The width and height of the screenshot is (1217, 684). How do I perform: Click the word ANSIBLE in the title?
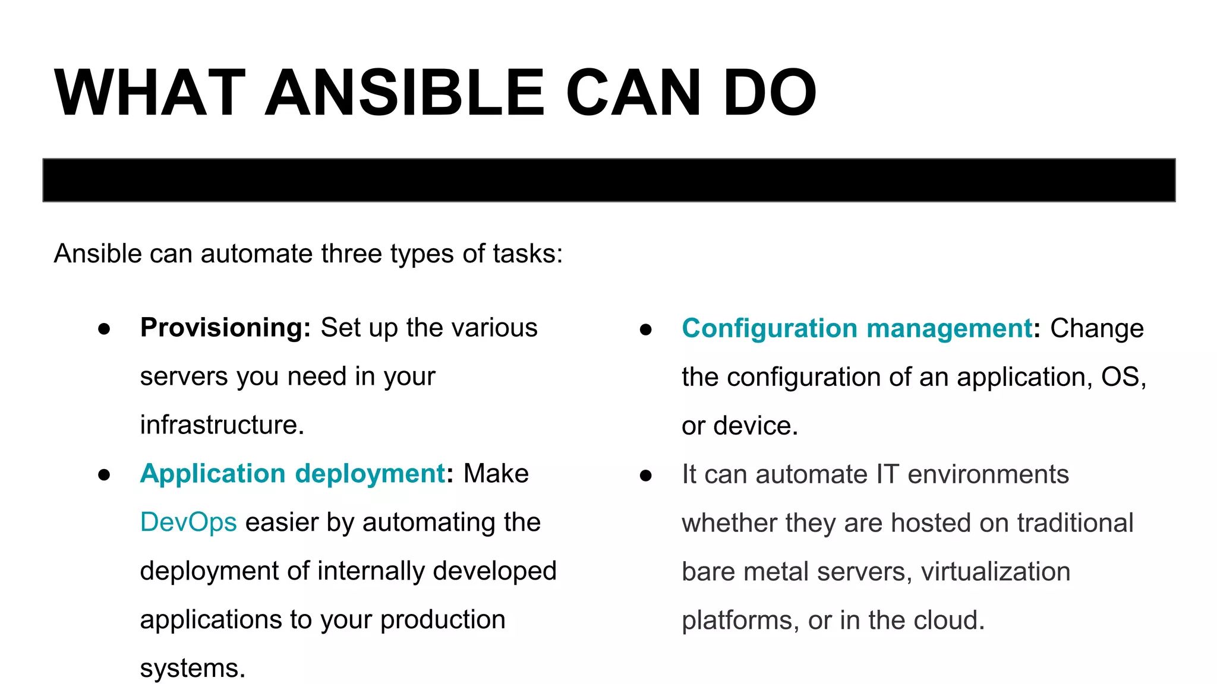(x=404, y=93)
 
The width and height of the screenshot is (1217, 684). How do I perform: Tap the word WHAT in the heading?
(x=149, y=93)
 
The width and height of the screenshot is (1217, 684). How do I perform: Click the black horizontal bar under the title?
(x=608, y=180)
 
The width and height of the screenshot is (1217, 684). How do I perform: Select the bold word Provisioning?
(x=225, y=328)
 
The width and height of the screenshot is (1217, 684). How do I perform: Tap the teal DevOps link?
(x=188, y=522)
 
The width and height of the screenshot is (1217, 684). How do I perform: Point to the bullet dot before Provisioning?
(x=105, y=329)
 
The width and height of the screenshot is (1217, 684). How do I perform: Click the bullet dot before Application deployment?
(x=105, y=475)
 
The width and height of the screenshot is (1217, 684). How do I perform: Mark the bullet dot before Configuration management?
(x=646, y=330)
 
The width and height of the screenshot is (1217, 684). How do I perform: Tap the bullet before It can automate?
(x=646, y=476)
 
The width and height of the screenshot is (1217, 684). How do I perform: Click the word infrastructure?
(x=222, y=425)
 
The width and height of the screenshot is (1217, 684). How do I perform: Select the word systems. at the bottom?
(x=193, y=669)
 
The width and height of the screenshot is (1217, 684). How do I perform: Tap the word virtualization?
(x=995, y=572)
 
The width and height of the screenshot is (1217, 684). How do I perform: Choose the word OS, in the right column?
(x=1123, y=377)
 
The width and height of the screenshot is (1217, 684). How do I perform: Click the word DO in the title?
(x=770, y=93)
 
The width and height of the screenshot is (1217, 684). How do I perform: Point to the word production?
(x=443, y=620)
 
